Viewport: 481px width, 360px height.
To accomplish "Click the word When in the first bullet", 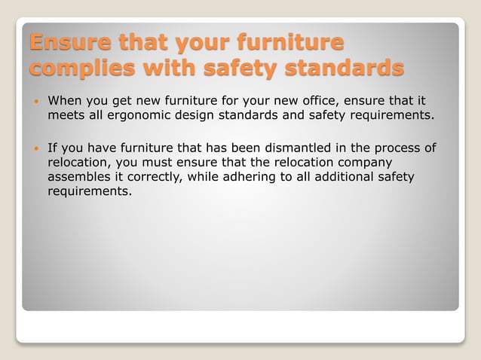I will click(66, 101).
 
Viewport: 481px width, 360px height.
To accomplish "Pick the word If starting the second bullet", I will click(52, 148).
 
